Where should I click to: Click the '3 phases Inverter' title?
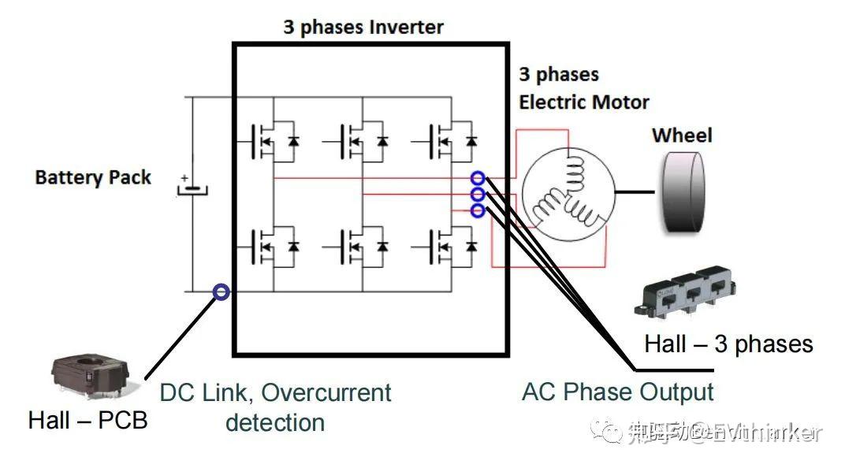[363, 28]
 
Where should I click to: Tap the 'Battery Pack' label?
[93, 177]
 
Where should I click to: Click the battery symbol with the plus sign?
[192, 188]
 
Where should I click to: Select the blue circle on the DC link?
[221, 292]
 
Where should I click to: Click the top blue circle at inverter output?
[477, 178]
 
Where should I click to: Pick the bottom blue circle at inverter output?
[477, 210]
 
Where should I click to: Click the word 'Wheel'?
[682, 136]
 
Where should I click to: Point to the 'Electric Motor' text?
[584, 102]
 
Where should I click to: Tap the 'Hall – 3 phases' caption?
[728, 344]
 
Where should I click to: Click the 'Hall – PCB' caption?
[87, 420]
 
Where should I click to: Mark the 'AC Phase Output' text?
[618, 392]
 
